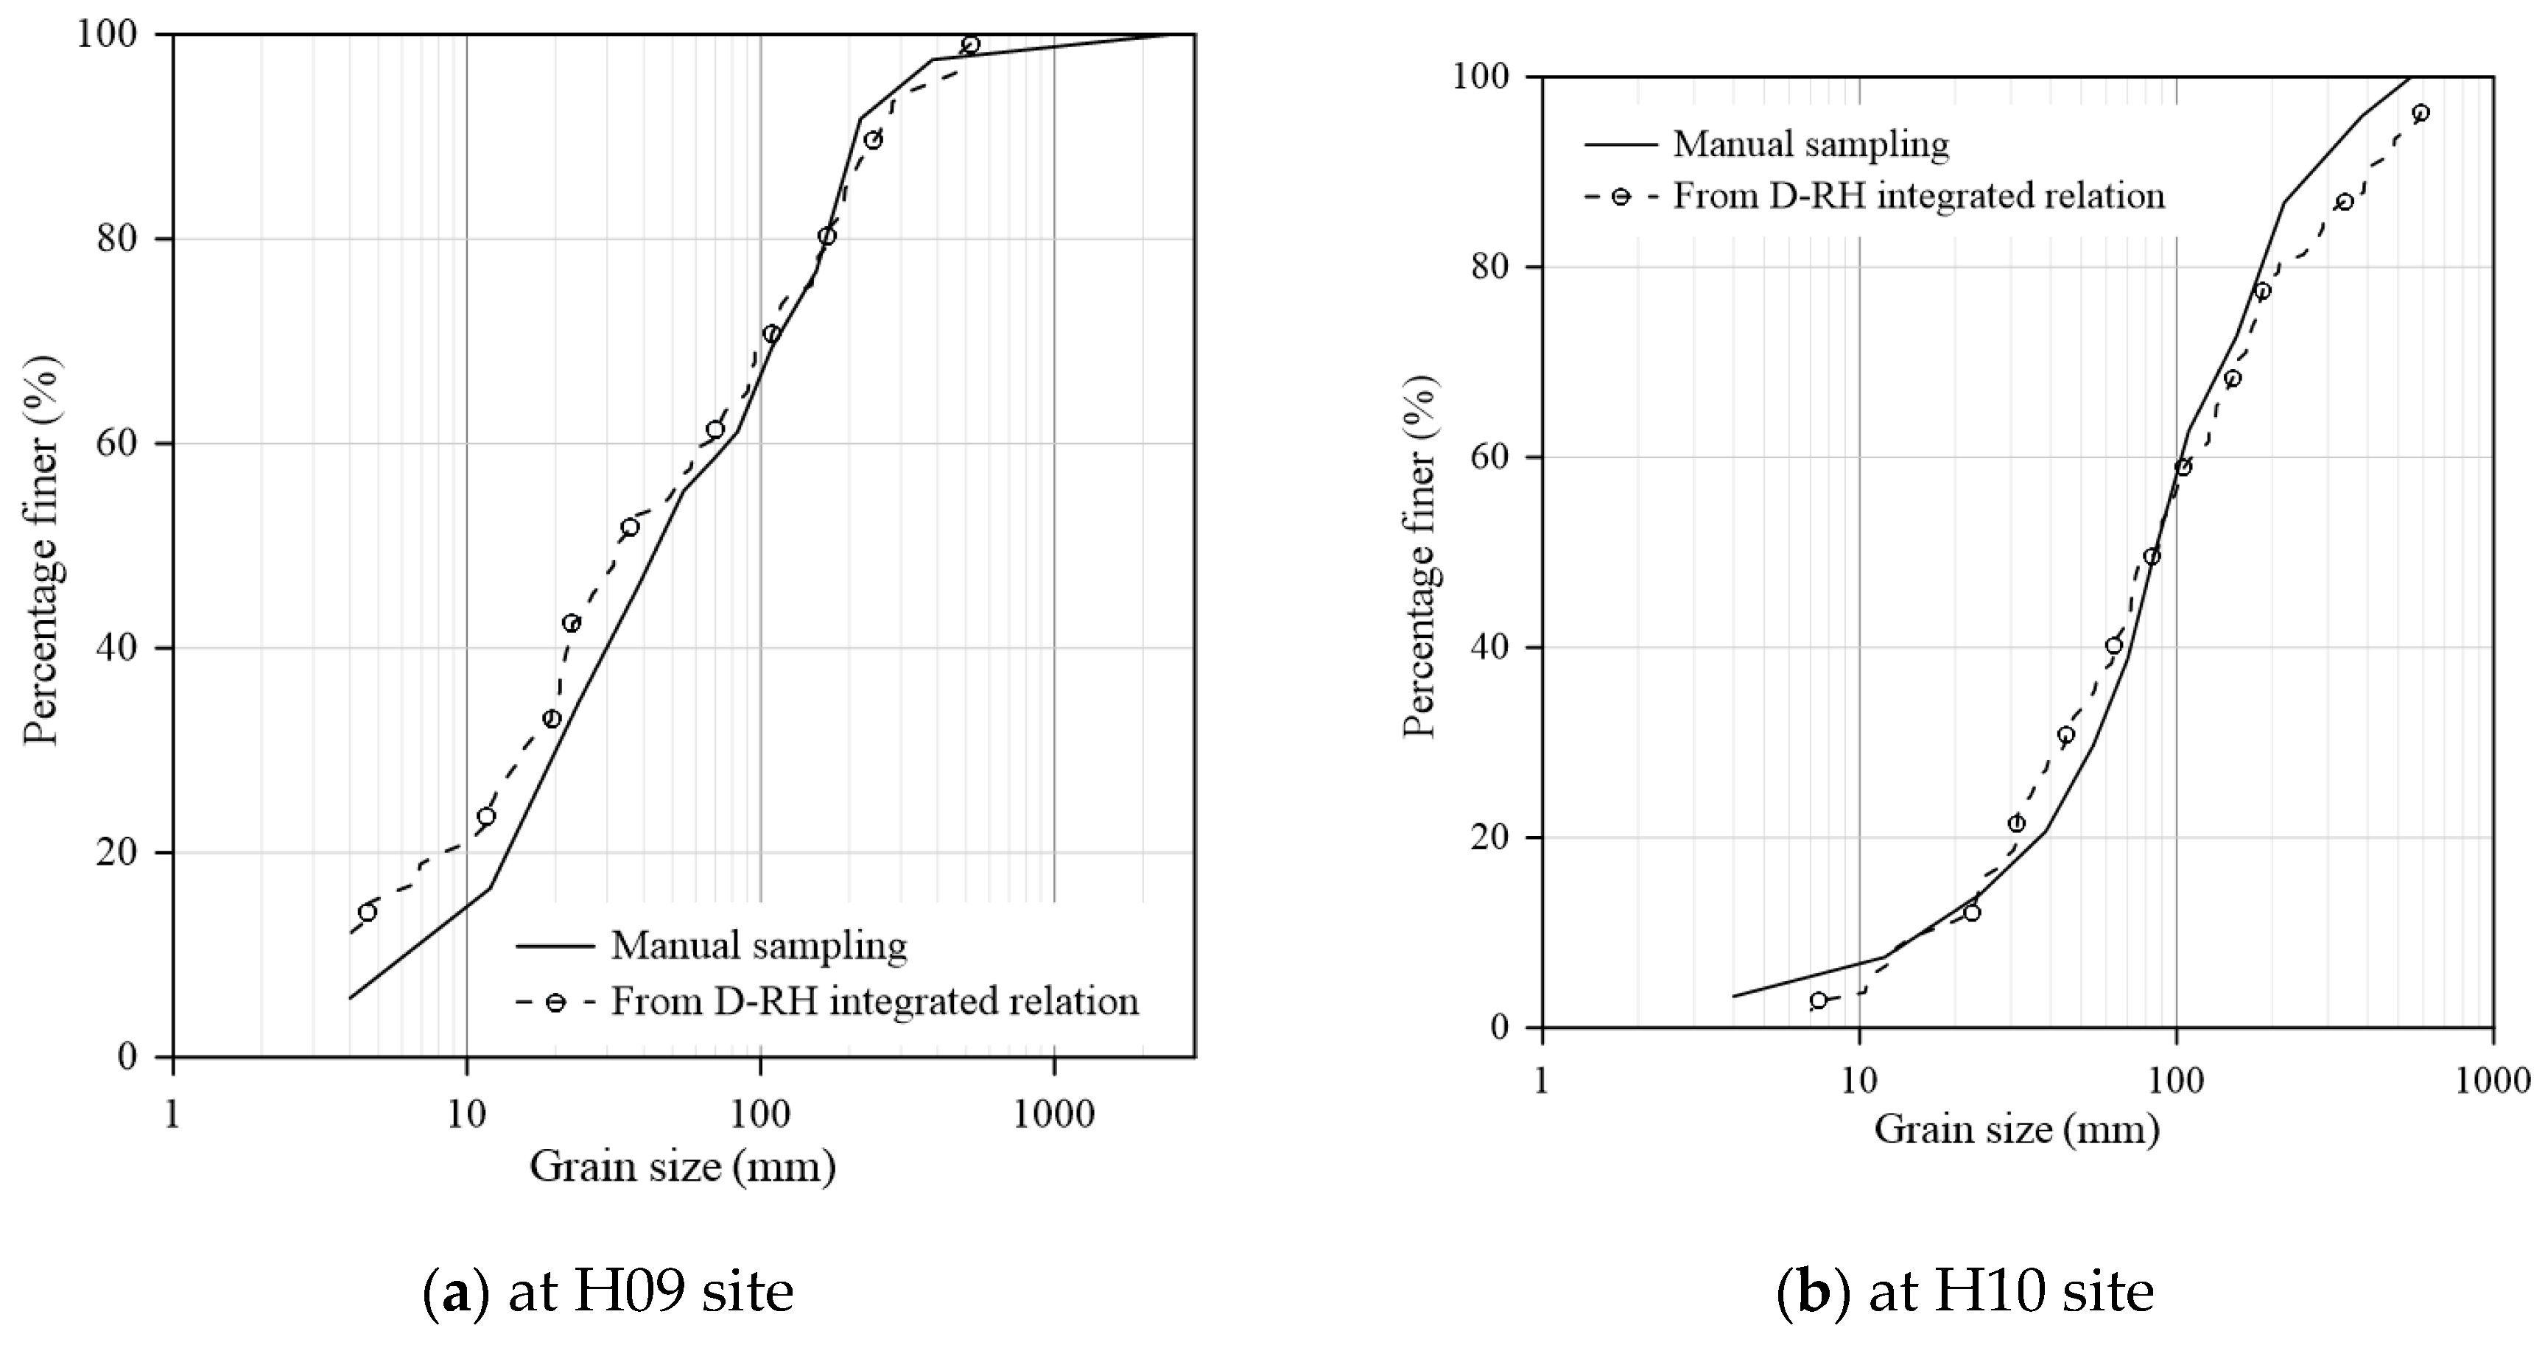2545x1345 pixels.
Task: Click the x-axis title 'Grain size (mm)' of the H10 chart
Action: tap(2015, 1131)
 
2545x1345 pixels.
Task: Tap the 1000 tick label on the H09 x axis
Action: tap(1053, 1114)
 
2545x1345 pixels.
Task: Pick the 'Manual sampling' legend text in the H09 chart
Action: tap(759, 946)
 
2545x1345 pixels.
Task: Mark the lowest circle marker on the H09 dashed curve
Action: tap(368, 912)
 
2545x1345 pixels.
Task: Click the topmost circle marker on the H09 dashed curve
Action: tap(970, 44)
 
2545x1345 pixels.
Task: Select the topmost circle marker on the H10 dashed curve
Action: tap(2421, 113)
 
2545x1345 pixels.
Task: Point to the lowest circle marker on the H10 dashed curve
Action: tap(1818, 1000)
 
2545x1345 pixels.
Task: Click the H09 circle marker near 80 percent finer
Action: tap(827, 236)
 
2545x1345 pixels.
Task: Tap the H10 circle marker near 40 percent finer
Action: tap(2113, 646)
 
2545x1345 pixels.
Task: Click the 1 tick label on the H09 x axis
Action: tap(174, 1114)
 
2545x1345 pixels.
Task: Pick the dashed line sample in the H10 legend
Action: tap(1621, 196)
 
